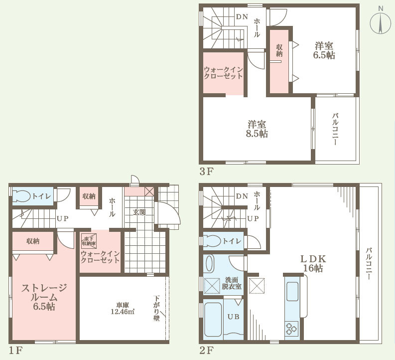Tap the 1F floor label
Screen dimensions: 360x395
point(16,350)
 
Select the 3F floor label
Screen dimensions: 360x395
point(207,173)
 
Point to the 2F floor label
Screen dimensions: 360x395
point(207,350)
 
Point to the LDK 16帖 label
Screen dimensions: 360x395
point(312,263)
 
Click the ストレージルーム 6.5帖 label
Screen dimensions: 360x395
point(44,297)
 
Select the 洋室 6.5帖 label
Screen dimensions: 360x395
point(324,50)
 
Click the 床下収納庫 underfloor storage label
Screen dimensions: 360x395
point(88,241)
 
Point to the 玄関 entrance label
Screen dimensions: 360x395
point(138,212)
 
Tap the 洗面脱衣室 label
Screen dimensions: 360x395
point(232,283)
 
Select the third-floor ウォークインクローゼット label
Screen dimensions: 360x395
point(223,73)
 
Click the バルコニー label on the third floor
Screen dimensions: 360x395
point(336,129)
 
